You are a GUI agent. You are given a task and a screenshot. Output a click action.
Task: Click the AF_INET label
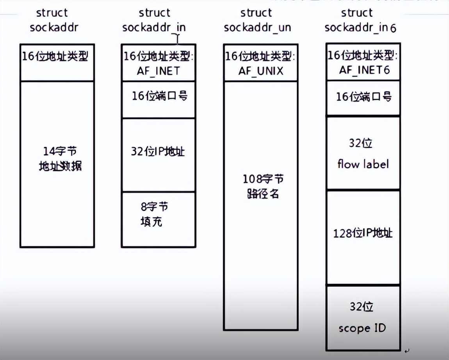pyautogui.click(x=158, y=71)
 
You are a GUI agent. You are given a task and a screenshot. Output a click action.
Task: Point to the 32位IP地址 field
pyautogui.click(x=158, y=151)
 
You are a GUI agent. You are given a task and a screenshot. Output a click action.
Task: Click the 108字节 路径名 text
pyautogui.click(x=260, y=186)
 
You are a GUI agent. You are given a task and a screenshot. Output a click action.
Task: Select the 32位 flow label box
pyautogui.click(x=363, y=153)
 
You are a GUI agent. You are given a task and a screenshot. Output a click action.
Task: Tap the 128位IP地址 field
pyautogui.click(x=363, y=233)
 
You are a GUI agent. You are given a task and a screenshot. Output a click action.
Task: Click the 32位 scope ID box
pyautogui.click(x=363, y=317)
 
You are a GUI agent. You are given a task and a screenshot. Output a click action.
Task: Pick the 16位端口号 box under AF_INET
pyautogui.click(x=158, y=96)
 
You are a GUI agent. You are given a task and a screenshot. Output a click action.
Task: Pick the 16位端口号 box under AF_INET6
pyautogui.click(x=363, y=97)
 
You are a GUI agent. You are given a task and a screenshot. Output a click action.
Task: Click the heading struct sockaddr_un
pyautogui.click(x=257, y=20)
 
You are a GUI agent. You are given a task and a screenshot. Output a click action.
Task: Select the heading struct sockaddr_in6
pyautogui.click(x=360, y=20)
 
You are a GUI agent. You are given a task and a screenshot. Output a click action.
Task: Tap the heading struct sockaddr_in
pyautogui.click(x=154, y=20)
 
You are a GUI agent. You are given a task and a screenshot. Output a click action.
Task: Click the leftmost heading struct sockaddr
pyautogui.click(x=52, y=20)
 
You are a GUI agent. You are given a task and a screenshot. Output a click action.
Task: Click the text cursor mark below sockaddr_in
pyautogui.click(x=178, y=39)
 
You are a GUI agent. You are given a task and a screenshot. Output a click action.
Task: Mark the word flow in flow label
pyautogui.click(x=348, y=164)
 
